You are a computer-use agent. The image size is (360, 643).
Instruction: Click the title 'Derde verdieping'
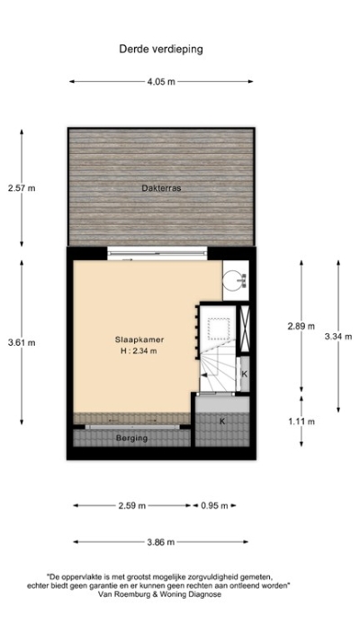(160, 50)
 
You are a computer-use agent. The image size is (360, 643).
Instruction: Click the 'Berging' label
(131, 439)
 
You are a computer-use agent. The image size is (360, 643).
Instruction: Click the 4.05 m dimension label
(162, 82)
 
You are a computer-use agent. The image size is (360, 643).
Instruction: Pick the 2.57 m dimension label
(22, 188)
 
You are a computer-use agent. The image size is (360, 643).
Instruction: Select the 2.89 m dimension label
(301, 326)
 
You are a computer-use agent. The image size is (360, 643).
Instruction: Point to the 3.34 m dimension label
(338, 336)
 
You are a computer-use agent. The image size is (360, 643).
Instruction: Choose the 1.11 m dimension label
(301, 421)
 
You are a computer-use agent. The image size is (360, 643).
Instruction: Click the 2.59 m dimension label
(132, 505)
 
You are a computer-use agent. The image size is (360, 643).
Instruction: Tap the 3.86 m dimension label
(161, 542)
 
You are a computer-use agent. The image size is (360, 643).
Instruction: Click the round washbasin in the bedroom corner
(234, 278)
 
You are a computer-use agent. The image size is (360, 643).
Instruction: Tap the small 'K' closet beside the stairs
(244, 373)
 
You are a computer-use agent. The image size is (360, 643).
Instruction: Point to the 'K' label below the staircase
(221, 421)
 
